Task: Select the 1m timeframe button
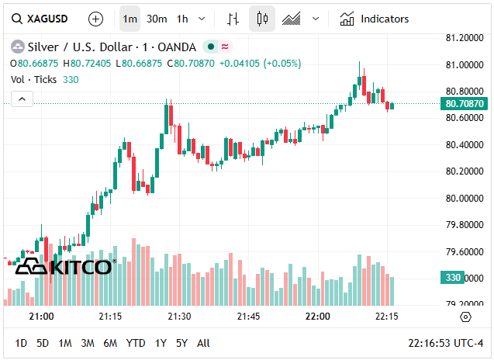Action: pyautogui.click(x=130, y=19)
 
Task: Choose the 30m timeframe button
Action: pyautogui.click(x=157, y=19)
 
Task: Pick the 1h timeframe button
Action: pyautogui.click(x=182, y=19)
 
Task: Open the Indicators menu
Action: pyautogui.click(x=375, y=19)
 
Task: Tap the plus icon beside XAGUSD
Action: pyautogui.click(x=95, y=19)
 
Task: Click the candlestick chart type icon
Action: pyautogui.click(x=262, y=19)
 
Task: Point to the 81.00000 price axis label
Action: pyautogui.click(x=464, y=65)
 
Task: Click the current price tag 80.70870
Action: pyautogui.click(x=465, y=103)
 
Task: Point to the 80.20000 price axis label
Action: pyautogui.click(x=464, y=171)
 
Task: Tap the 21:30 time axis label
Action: pyautogui.click(x=179, y=317)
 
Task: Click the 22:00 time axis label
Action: pyautogui.click(x=317, y=317)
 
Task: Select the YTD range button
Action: pyautogui.click(x=136, y=343)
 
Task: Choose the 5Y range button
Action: pyautogui.click(x=181, y=343)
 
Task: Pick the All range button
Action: pyautogui.click(x=203, y=343)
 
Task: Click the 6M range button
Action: pyautogui.click(x=110, y=343)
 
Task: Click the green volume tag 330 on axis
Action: pyautogui.click(x=453, y=278)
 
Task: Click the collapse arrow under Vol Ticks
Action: pyautogui.click(x=22, y=99)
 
